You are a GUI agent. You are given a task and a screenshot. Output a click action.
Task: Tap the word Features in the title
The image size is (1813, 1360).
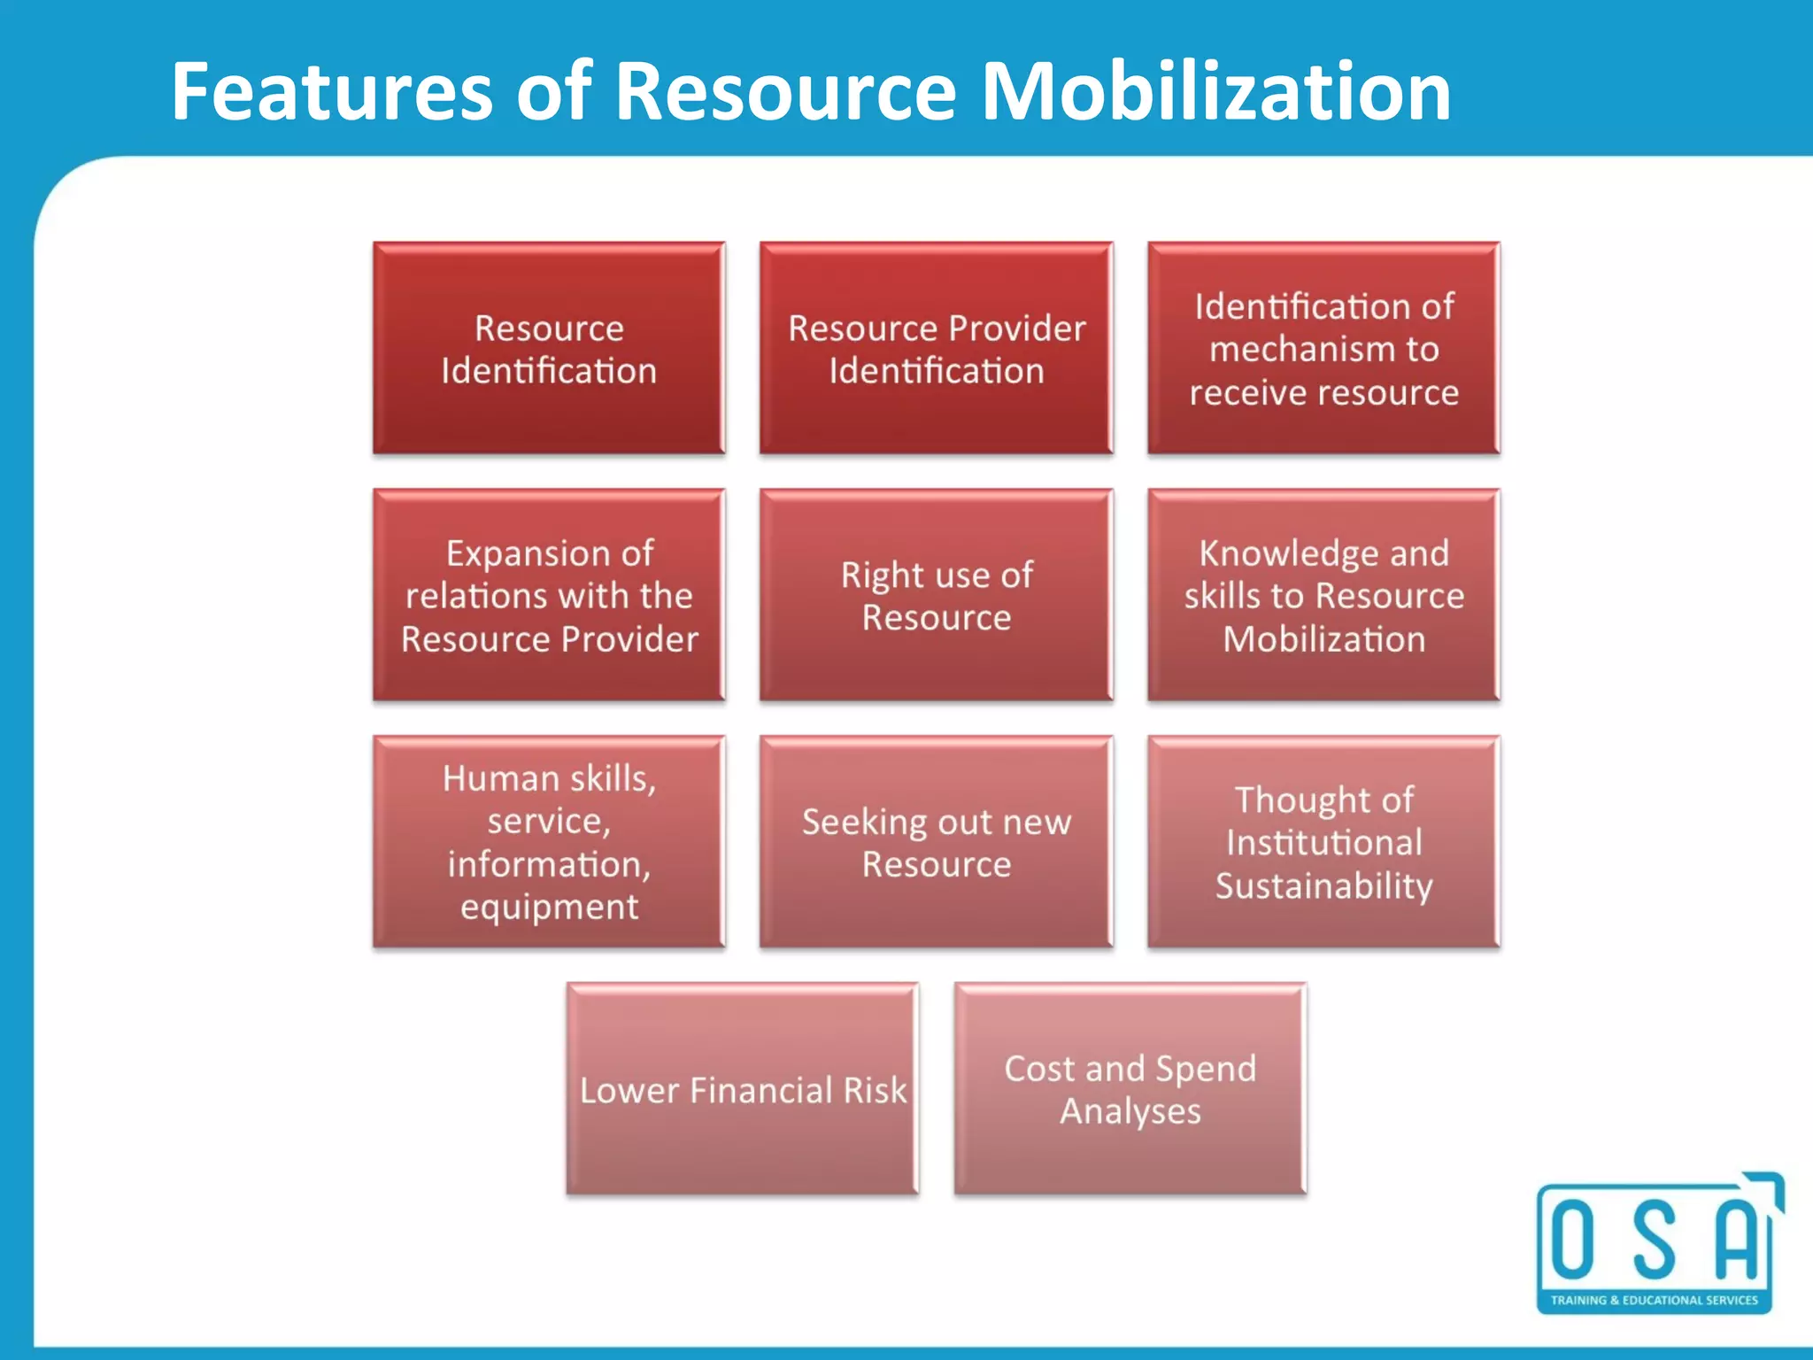click(x=331, y=91)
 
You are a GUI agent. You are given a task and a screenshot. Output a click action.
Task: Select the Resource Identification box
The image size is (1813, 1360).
click(x=549, y=348)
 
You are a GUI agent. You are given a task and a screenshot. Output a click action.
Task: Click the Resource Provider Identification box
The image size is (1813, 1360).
click(x=937, y=348)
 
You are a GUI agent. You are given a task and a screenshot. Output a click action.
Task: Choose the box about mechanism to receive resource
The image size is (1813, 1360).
click(x=1323, y=348)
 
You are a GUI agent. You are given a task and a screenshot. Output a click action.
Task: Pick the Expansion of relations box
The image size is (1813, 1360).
click(x=549, y=595)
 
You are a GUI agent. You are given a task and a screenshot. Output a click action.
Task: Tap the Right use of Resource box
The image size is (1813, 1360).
click(x=937, y=595)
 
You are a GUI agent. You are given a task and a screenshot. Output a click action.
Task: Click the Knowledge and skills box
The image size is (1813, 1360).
click(x=1323, y=595)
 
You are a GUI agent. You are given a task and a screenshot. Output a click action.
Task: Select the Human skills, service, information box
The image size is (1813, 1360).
click(x=549, y=841)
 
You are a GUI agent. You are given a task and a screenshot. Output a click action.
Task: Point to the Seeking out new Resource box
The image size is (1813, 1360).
click(x=937, y=841)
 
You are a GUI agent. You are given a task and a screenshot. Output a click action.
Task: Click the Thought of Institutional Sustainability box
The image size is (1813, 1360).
click(x=1323, y=841)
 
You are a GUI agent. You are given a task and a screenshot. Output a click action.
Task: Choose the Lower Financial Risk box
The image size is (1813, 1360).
click(x=743, y=1088)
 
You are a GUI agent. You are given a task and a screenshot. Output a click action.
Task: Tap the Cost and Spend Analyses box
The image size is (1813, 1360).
click(x=1130, y=1088)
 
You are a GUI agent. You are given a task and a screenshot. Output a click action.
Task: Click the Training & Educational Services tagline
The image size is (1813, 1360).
click(x=1654, y=1300)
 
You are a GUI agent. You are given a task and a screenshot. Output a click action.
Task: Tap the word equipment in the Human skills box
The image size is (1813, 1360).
click(x=549, y=907)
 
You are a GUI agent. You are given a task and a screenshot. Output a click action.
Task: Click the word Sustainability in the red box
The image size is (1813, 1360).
click(x=1323, y=885)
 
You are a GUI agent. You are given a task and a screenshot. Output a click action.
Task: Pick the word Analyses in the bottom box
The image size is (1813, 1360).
click(x=1130, y=1111)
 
